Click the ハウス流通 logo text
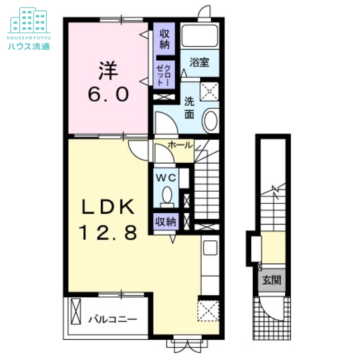coord(29,46)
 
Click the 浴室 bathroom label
coord(199,63)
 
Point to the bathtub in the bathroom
coord(200,36)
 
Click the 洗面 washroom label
coord(189,108)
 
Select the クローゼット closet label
coord(163,75)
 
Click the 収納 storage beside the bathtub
coord(164,39)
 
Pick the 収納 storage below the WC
coord(166,222)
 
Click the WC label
coord(166,177)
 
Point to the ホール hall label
coord(180,145)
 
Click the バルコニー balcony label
coord(113,319)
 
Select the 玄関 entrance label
coord(272,280)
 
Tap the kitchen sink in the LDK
coord(210,247)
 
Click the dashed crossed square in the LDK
coord(208,310)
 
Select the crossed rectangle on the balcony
coord(76,311)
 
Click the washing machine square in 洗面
coord(209,91)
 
